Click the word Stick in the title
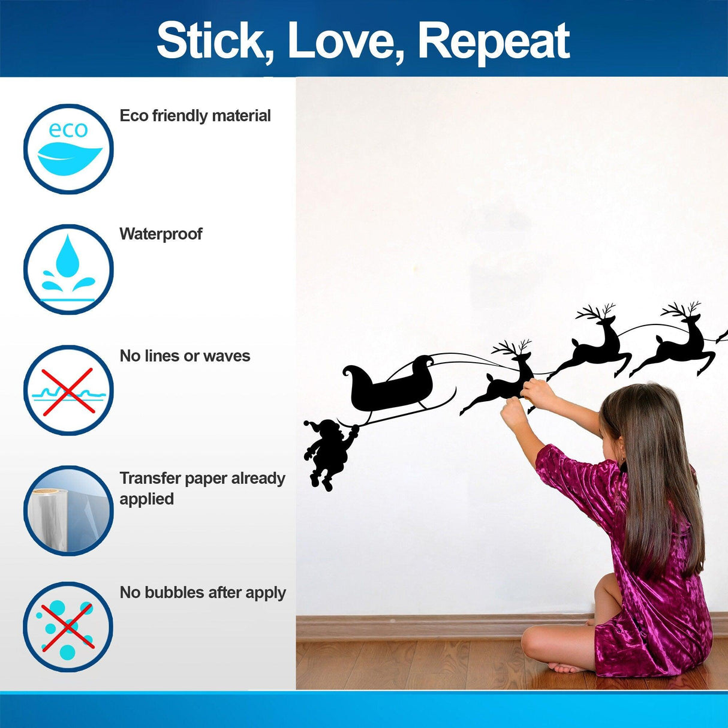pyautogui.click(x=213, y=41)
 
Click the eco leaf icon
pyautogui.click(x=68, y=149)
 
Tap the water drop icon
pyautogui.click(x=68, y=269)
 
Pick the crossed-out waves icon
pyautogui.click(x=68, y=390)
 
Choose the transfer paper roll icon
pyautogui.click(x=68, y=510)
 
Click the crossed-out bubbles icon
pyautogui.click(x=68, y=627)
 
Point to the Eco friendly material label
pyautogui.click(x=195, y=116)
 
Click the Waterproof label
pyautogui.click(x=161, y=234)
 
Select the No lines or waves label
pyautogui.click(x=185, y=356)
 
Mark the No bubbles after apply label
pyautogui.click(x=203, y=592)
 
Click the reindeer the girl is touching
pyautogui.click(x=498, y=384)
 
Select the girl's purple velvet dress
pyautogui.click(x=648, y=600)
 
